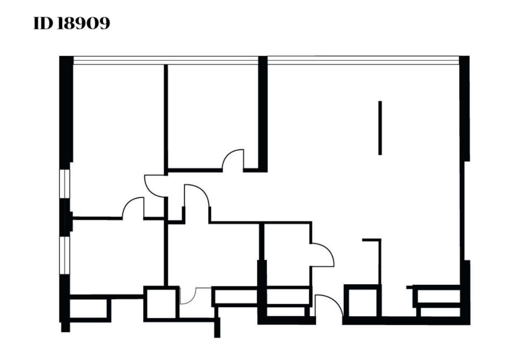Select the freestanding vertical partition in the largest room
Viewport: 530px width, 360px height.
coord(380,128)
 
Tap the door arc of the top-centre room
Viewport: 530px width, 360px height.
coord(233,159)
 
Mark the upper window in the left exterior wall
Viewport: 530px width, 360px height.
coord(65,184)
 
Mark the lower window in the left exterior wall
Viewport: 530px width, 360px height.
coord(65,255)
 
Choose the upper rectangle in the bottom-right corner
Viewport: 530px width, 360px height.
coord(438,296)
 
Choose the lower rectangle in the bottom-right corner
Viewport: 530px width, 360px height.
coord(440,312)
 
